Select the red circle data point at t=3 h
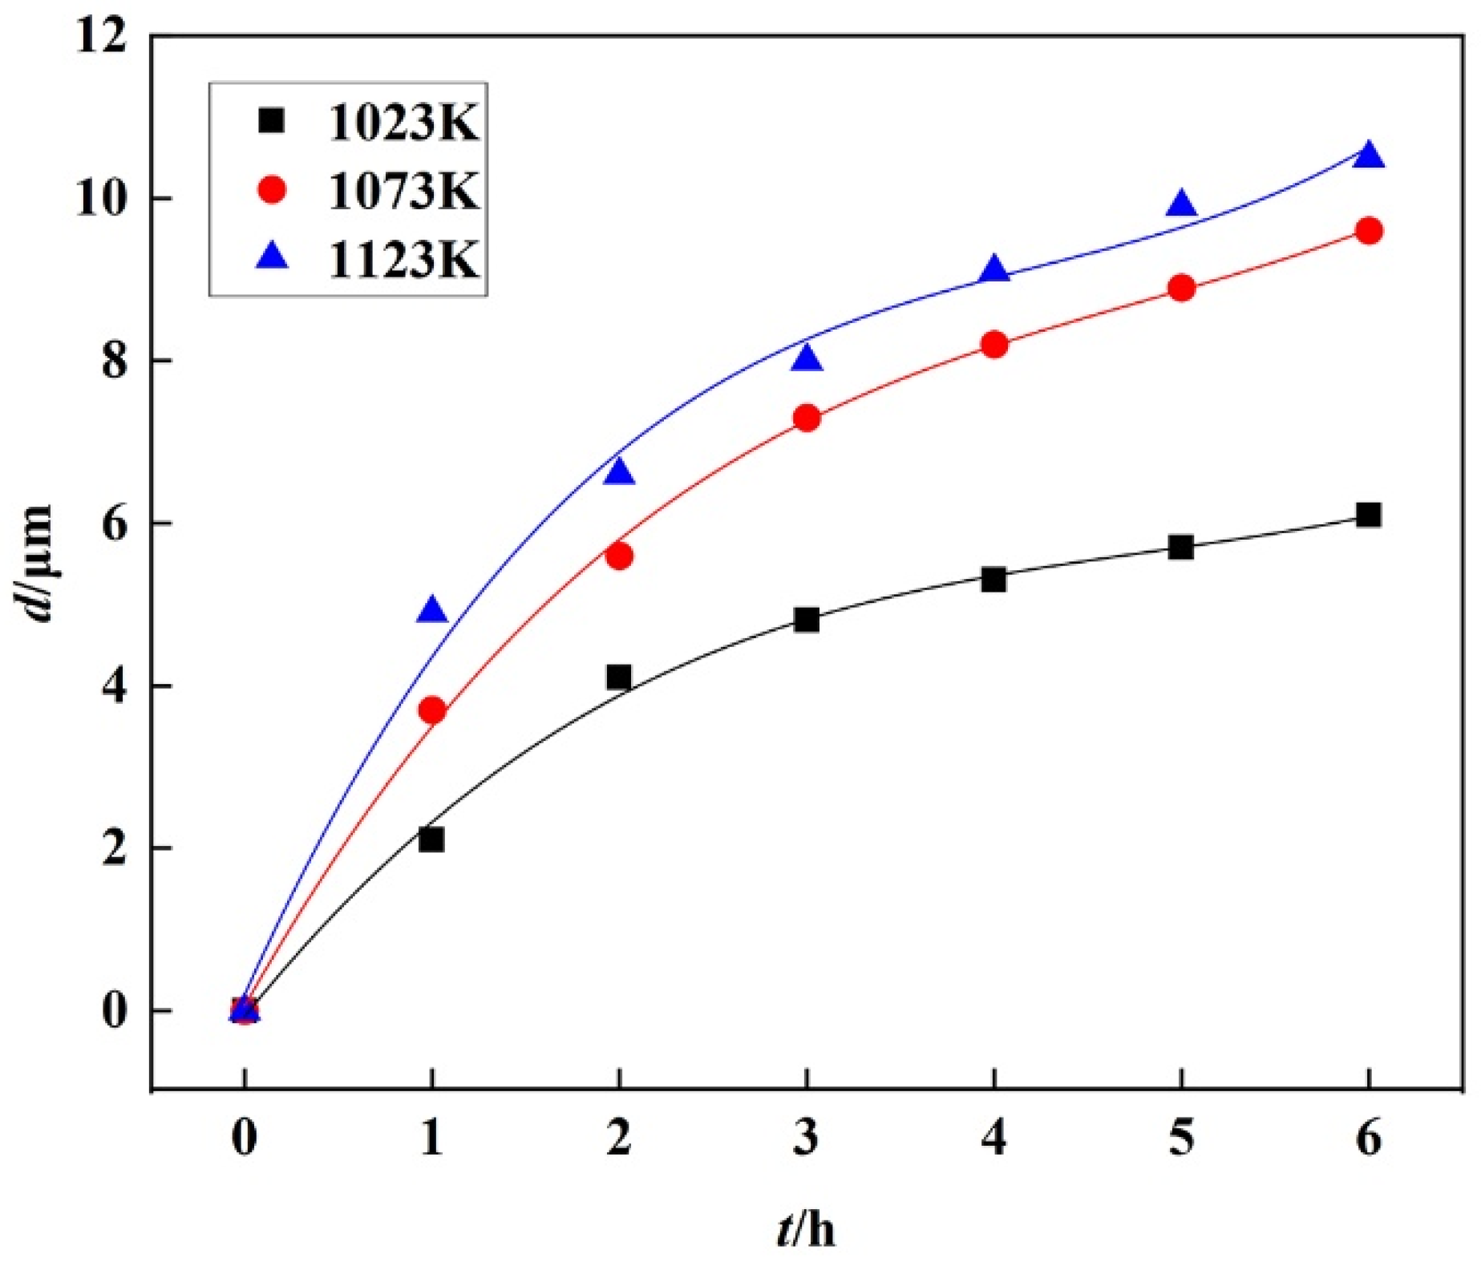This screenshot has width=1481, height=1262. (x=807, y=418)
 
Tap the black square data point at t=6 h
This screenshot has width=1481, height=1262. (x=1369, y=515)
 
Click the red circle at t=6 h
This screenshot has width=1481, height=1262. (x=1369, y=231)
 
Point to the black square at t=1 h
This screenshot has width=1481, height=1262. (x=431, y=839)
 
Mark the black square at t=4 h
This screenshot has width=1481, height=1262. (x=993, y=580)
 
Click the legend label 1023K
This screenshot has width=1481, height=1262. (x=403, y=124)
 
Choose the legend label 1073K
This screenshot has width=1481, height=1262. (x=403, y=192)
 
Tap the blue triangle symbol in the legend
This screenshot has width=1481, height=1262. (x=273, y=257)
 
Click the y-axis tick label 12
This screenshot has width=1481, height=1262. (x=101, y=37)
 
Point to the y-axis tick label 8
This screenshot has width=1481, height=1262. (x=115, y=362)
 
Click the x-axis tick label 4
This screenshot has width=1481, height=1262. (x=993, y=1137)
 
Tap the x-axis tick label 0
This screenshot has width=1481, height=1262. (x=245, y=1137)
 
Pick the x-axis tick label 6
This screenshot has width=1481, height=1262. (x=1369, y=1137)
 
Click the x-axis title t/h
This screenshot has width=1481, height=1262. (x=806, y=1229)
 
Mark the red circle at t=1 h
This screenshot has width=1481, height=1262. (x=432, y=710)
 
